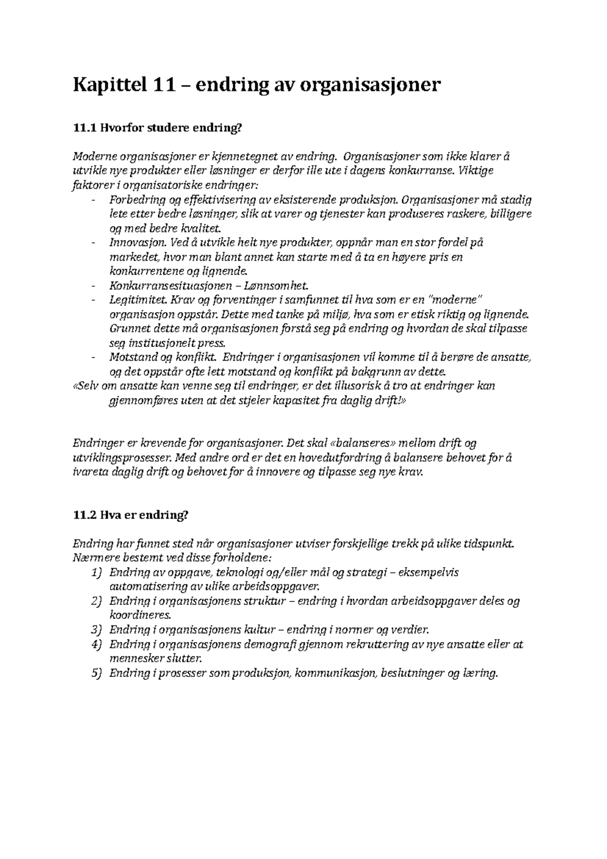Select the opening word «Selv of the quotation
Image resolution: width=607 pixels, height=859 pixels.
point(86,386)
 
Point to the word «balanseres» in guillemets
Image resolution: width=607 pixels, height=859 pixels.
point(363,444)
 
